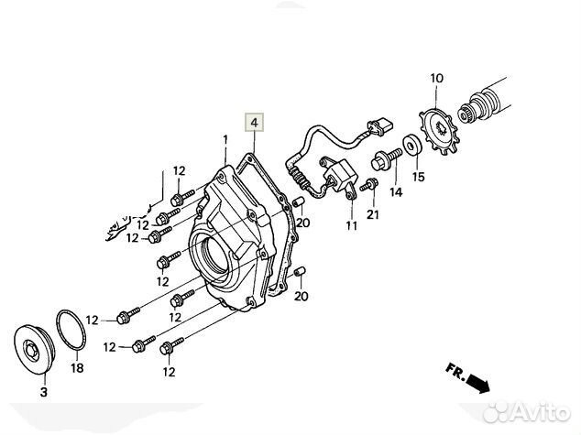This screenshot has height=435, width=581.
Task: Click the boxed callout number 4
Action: click(x=253, y=121)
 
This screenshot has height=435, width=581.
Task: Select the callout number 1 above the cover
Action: click(x=223, y=139)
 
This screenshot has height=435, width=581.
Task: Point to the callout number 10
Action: click(x=435, y=79)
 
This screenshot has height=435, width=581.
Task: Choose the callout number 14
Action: click(x=396, y=192)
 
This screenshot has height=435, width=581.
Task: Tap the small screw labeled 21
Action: click(x=367, y=185)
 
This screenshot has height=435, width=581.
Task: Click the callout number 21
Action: click(x=372, y=214)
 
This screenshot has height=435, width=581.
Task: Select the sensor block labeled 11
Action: click(x=338, y=175)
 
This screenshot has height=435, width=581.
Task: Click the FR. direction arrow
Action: click(x=466, y=377)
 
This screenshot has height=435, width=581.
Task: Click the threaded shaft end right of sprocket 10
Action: click(x=486, y=101)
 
